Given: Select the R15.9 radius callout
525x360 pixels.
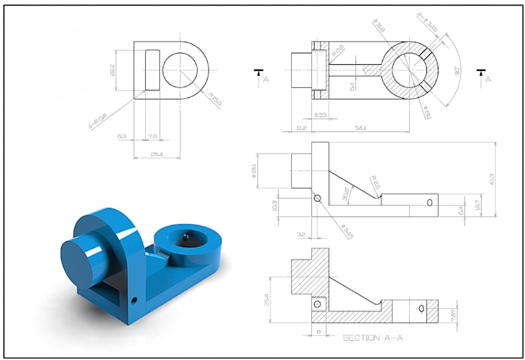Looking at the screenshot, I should (215, 98).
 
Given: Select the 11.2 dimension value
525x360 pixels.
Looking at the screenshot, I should (300, 127).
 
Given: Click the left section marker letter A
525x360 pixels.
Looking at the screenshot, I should (265, 80).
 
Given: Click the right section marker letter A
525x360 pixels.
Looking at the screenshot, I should (488, 80).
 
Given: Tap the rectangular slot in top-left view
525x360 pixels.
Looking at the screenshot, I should (152, 70).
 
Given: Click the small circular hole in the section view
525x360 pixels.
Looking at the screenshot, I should (317, 306).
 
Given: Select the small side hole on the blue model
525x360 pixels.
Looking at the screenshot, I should (134, 298).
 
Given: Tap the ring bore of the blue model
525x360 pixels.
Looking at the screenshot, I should (187, 240).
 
